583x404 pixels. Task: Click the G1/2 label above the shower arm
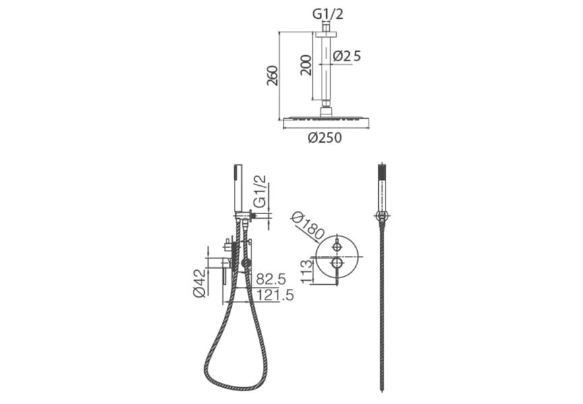coord(328,15)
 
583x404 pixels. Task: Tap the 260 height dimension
coord(272,75)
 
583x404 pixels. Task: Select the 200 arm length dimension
coord(306,65)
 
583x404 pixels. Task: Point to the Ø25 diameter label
coord(347,56)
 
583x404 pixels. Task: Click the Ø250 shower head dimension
coord(325,138)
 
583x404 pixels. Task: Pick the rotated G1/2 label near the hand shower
coord(260,191)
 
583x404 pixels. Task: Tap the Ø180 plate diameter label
coord(308,226)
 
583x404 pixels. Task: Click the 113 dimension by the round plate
coord(307,272)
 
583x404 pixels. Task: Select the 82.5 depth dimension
coord(271,279)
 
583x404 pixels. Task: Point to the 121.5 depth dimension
coord(275,295)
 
